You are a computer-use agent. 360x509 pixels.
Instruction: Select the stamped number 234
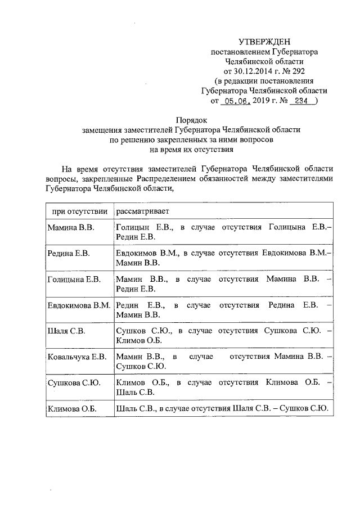click(x=301, y=101)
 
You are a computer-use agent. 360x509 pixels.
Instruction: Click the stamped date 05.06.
click(x=234, y=101)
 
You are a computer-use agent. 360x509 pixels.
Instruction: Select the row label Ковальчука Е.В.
click(x=77, y=357)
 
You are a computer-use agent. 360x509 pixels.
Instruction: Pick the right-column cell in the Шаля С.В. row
click(x=223, y=335)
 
